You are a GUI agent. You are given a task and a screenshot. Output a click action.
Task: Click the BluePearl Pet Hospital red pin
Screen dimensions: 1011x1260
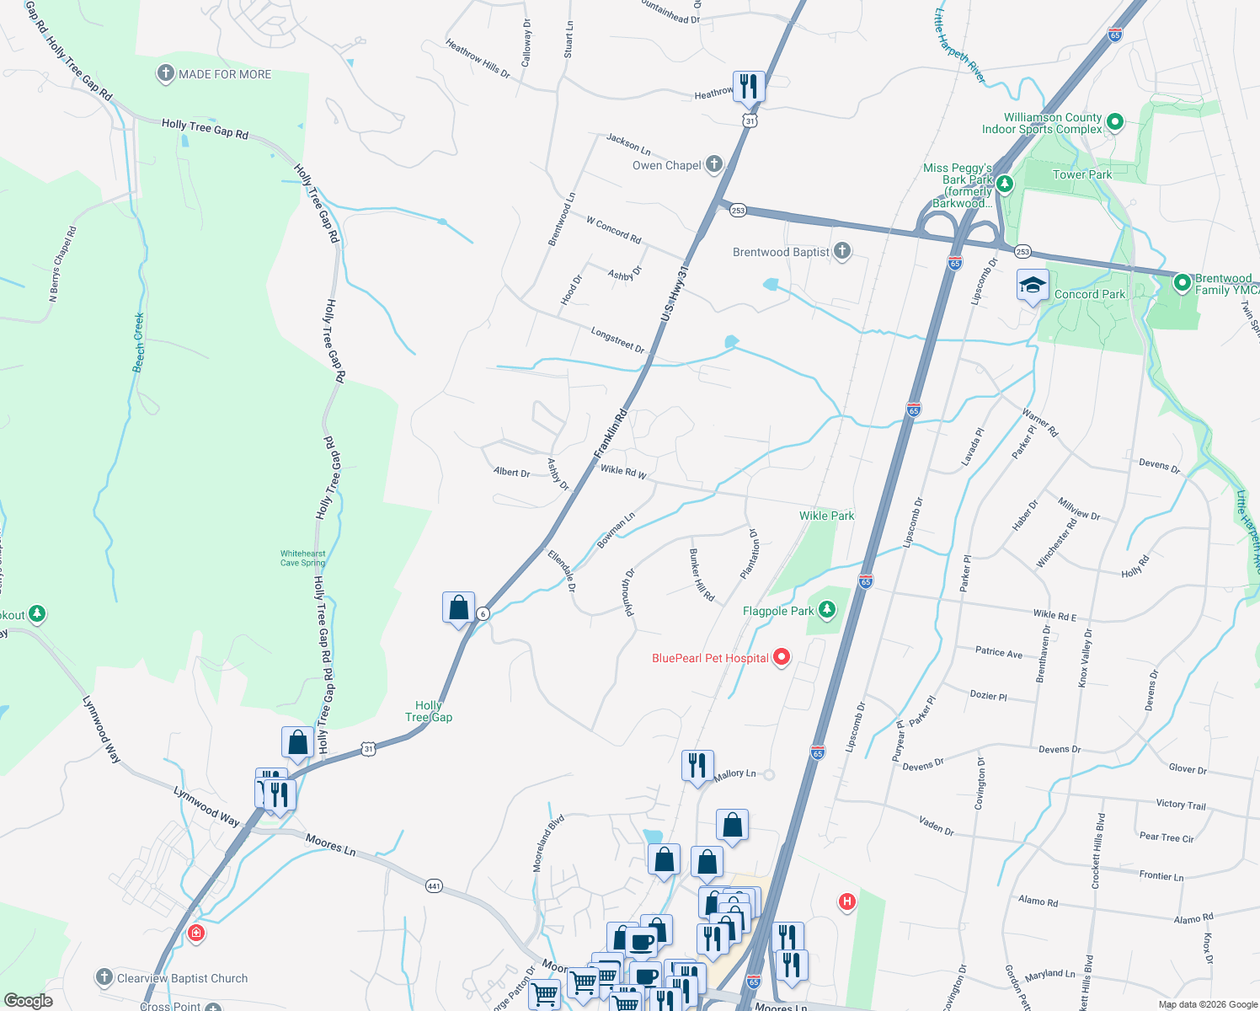pyautogui.click(x=781, y=657)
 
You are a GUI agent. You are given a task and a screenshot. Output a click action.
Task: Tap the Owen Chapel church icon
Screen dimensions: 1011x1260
pyautogui.click(x=714, y=164)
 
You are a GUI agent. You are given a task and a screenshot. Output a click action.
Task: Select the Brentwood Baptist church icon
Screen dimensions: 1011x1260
pyautogui.click(x=841, y=251)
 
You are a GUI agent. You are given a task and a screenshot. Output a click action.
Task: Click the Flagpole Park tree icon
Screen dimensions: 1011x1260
pyautogui.click(x=827, y=610)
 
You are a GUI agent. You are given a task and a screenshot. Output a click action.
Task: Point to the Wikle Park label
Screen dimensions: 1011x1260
pyautogui.click(x=826, y=516)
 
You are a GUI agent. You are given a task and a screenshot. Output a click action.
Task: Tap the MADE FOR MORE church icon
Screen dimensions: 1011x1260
pyautogui.click(x=166, y=74)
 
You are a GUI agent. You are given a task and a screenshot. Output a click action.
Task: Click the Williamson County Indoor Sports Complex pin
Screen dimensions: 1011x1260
pyautogui.click(x=1114, y=123)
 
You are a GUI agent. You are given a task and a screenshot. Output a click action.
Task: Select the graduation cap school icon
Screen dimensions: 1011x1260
pyautogui.click(x=1033, y=286)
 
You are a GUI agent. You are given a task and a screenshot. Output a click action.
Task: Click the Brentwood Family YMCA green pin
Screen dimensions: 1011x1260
pyautogui.click(x=1183, y=282)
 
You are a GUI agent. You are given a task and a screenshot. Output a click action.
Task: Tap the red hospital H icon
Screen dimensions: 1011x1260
pyautogui.click(x=847, y=902)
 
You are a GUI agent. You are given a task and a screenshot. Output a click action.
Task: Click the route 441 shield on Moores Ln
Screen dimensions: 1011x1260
pyautogui.click(x=434, y=886)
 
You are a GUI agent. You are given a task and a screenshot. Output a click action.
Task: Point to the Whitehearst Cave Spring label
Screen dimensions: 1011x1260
pyautogui.click(x=302, y=559)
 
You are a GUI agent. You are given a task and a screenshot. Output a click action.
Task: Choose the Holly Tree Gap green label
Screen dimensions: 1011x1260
pyautogui.click(x=429, y=712)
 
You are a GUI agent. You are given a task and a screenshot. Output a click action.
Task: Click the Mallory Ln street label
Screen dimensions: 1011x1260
pyautogui.click(x=734, y=773)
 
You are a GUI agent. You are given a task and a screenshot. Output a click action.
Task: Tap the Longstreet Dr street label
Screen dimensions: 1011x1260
pyautogui.click(x=617, y=340)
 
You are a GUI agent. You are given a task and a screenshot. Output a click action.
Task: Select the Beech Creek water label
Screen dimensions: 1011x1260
pyautogui.click(x=139, y=343)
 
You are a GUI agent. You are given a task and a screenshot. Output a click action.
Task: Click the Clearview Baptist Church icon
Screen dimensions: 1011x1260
pyautogui.click(x=104, y=977)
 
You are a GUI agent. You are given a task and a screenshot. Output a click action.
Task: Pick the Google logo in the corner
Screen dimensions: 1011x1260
pyautogui.click(x=29, y=1001)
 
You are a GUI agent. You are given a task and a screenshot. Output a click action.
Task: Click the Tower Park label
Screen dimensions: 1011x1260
pyautogui.click(x=1081, y=174)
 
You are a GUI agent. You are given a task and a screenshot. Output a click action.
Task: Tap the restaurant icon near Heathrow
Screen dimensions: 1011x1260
pyautogui.click(x=748, y=86)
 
